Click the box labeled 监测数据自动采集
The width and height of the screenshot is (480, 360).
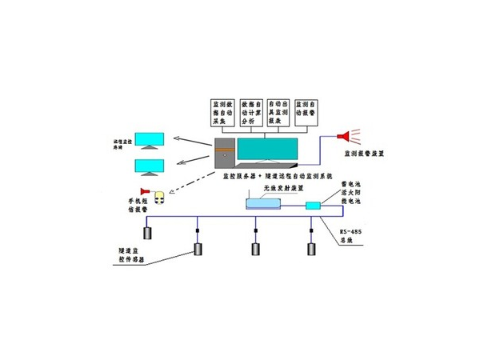click(221, 112)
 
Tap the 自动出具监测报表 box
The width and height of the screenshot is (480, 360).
click(278, 112)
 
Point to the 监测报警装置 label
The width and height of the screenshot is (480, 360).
click(363, 152)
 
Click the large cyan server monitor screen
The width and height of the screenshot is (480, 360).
click(266, 149)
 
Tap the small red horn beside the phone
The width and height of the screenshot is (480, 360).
click(145, 192)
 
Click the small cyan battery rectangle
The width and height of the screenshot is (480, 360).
click(313, 206)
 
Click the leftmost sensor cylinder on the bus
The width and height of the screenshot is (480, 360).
click(148, 234)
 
